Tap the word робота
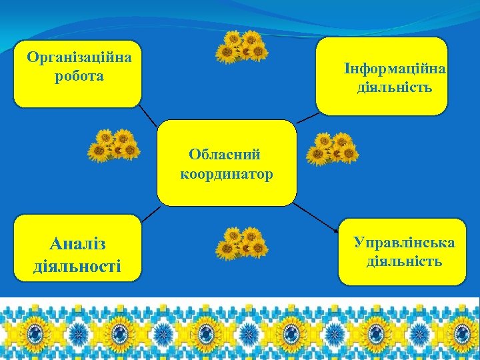(x=79, y=75)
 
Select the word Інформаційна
(x=395, y=69)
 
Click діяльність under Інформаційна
(x=395, y=87)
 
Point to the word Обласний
(x=225, y=155)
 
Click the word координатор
(x=227, y=175)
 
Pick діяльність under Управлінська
(x=404, y=260)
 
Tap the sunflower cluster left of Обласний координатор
(x=114, y=145)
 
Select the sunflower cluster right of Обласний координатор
(x=332, y=148)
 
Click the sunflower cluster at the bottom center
(x=241, y=243)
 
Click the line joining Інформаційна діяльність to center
(x=307, y=118)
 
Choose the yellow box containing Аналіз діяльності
(x=77, y=248)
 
